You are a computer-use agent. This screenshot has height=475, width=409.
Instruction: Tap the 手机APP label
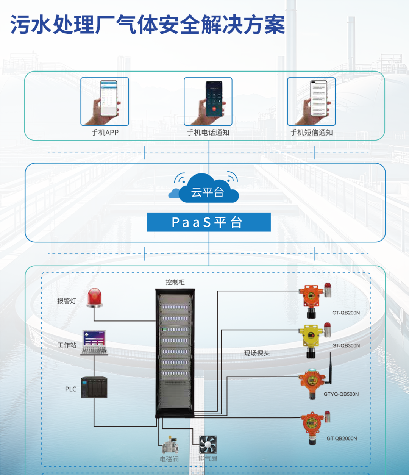[105, 133]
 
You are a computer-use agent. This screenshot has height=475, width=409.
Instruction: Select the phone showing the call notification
[208, 102]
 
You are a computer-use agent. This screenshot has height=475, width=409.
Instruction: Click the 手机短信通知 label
[311, 133]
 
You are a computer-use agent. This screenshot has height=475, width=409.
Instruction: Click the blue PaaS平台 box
[209, 222]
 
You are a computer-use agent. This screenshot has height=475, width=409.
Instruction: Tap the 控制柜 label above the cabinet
[175, 282]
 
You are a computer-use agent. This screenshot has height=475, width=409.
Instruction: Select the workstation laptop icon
[94, 343]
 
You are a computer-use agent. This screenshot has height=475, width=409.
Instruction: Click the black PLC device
[94, 387]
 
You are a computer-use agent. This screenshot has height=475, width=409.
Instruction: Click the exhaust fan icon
[208, 444]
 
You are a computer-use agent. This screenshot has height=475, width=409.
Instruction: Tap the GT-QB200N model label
[346, 313]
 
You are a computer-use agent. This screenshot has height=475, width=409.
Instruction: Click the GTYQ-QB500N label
[341, 394]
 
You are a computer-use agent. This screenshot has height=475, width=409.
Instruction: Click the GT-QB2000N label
[342, 439]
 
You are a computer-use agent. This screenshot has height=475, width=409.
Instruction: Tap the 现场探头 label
[257, 353]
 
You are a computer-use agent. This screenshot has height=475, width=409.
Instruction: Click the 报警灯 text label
[67, 301]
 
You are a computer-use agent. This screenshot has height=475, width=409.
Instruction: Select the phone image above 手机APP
[105, 102]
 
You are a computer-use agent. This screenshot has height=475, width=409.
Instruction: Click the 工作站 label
[67, 345]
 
